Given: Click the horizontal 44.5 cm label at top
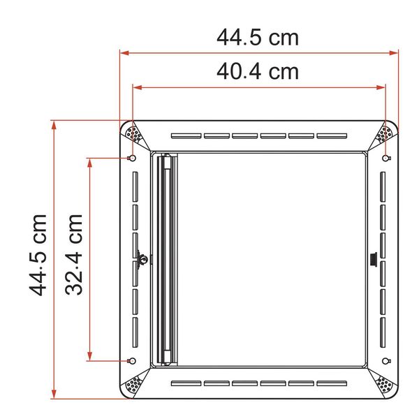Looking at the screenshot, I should point(258,37).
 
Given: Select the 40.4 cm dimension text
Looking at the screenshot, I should point(258,71).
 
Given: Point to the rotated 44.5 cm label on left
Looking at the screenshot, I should point(39,254).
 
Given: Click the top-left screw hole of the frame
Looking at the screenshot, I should point(133,159).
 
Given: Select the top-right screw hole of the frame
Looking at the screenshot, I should point(385,159).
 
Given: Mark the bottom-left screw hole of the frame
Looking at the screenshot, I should point(133,360).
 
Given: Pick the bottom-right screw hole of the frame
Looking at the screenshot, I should point(385,360).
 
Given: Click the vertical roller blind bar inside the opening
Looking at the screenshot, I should point(166,260).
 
